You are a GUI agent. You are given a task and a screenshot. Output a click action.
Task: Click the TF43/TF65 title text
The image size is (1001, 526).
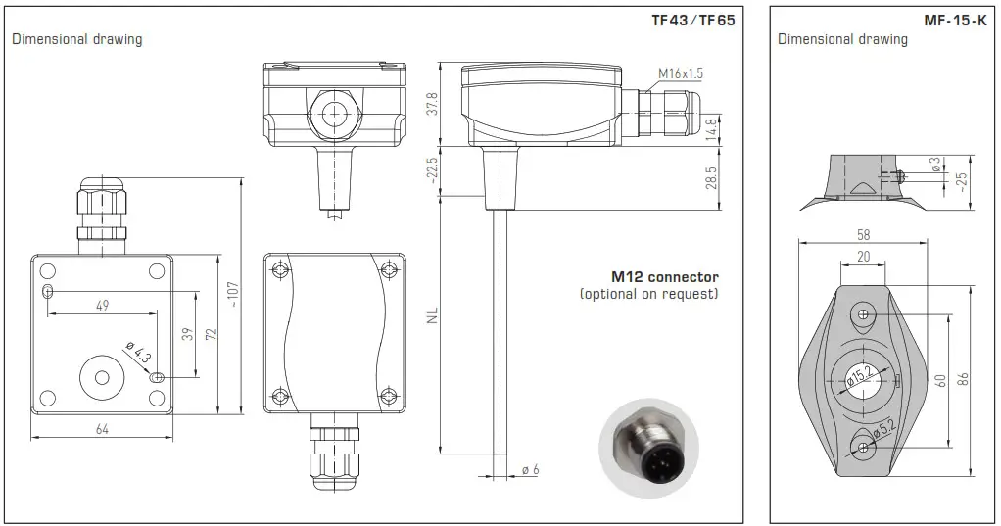(692, 20)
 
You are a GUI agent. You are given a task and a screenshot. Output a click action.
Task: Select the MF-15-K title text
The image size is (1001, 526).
(954, 20)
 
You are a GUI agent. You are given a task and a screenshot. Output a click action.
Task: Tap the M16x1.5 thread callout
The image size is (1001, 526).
(681, 73)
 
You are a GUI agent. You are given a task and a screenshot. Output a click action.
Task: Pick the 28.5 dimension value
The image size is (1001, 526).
(711, 178)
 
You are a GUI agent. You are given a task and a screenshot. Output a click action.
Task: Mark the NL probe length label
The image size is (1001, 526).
(432, 315)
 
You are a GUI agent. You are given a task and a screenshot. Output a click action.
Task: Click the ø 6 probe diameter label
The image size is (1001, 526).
(531, 470)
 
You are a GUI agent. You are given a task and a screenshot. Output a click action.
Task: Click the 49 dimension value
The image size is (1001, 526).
(102, 306)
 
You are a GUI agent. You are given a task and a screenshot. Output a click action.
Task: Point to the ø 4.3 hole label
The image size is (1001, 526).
(138, 351)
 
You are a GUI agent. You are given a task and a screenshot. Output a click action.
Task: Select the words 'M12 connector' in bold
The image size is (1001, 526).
(665, 277)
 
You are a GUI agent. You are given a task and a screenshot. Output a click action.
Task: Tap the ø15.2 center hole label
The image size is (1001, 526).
(861, 376)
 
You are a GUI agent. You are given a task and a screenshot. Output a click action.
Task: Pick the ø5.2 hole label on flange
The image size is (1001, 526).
(884, 430)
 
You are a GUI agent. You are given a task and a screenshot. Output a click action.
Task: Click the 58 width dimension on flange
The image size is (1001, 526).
(862, 236)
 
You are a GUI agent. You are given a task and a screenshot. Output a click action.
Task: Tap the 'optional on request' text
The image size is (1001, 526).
(648, 294)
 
